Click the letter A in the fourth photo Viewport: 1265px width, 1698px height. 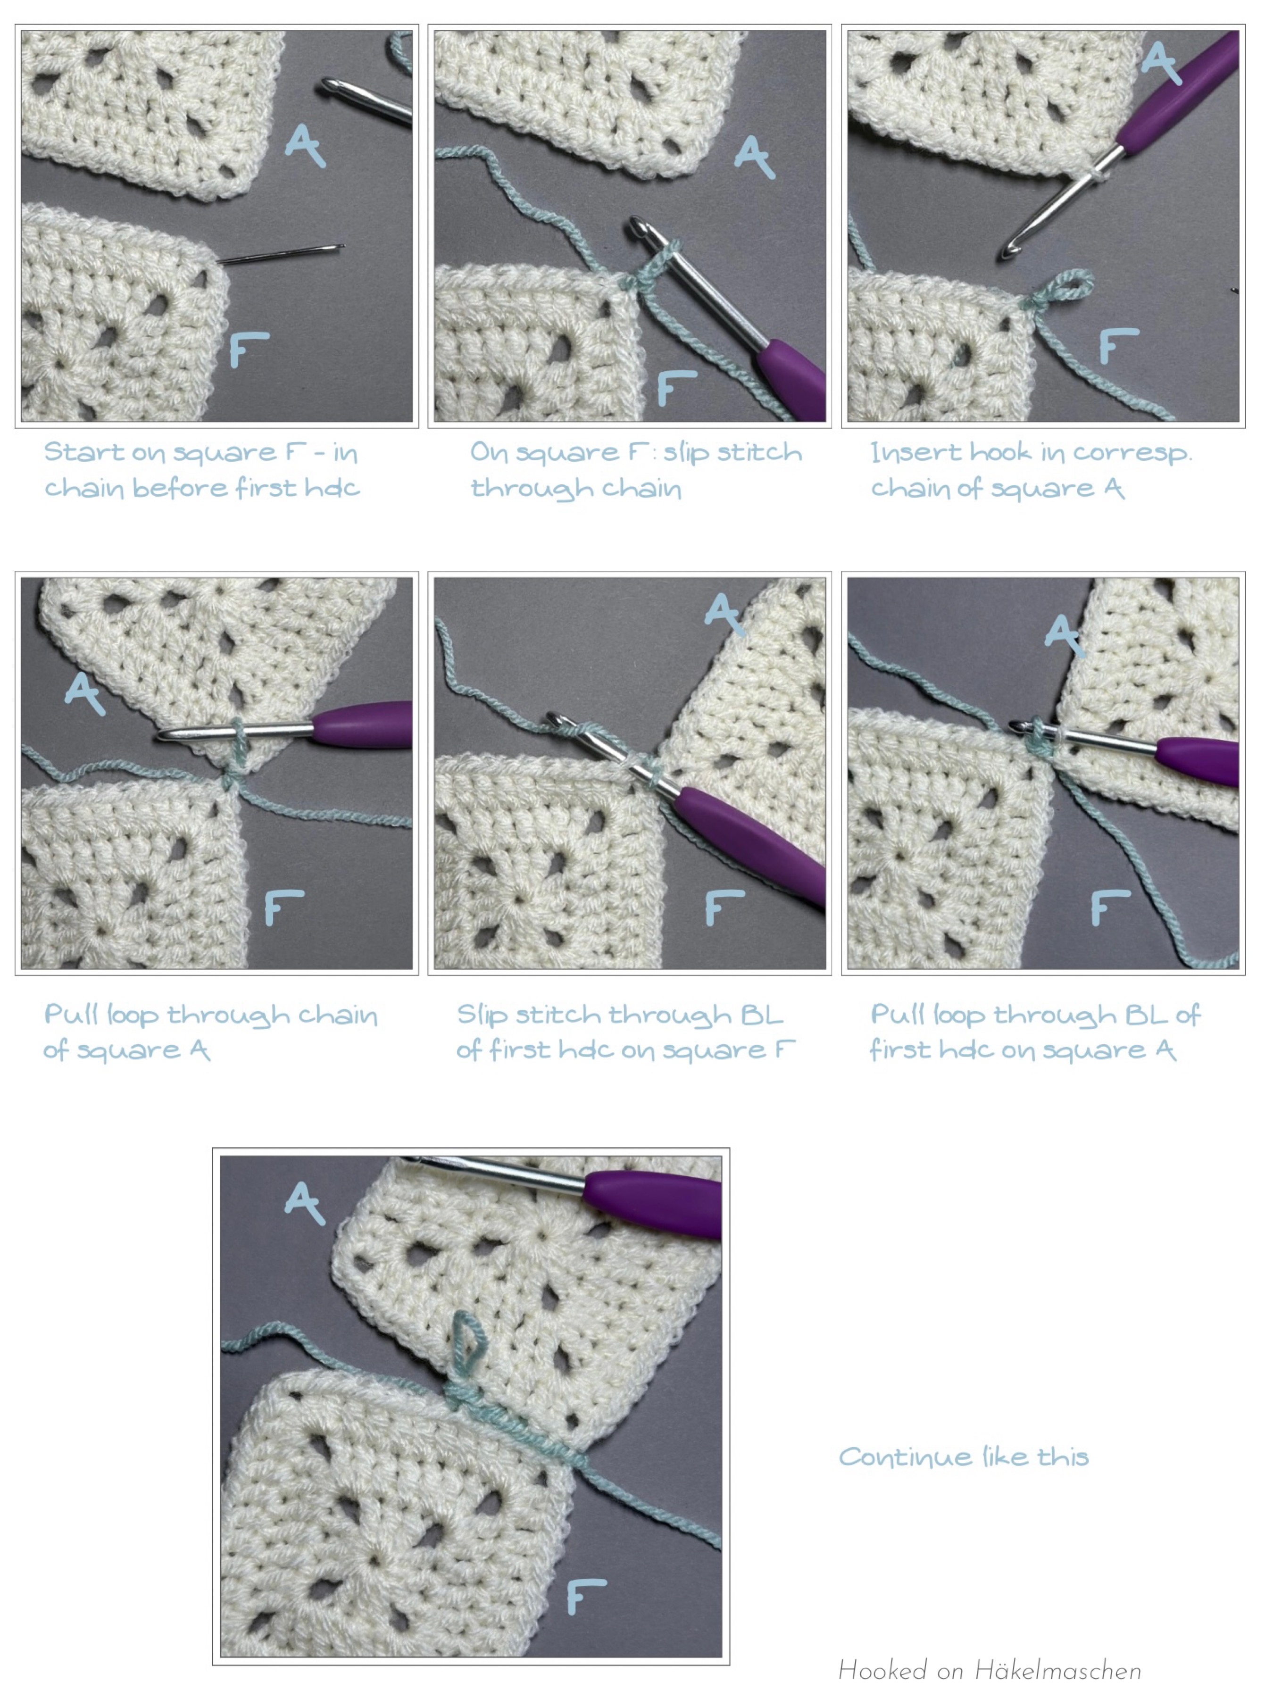click(x=84, y=693)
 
